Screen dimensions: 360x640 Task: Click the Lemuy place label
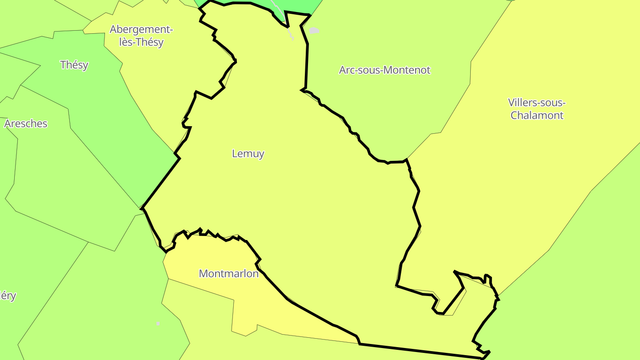[x=248, y=154]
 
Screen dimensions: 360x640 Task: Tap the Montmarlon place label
[x=228, y=274]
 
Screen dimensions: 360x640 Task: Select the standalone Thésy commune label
[x=74, y=65]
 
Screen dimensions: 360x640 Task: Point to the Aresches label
[x=26, y=124]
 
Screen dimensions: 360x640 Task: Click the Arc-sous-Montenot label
[x=384, y=70]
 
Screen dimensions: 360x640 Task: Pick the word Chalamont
[x=537, y=116]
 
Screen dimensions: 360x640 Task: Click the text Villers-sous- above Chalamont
[x=537, y=103]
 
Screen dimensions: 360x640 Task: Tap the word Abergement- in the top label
[x=141, y=30]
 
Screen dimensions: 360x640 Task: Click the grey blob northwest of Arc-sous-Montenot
[x=314, y=31]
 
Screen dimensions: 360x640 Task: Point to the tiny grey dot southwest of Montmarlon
[x=158, y=323]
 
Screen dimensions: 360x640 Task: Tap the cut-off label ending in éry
[x=8, y=296]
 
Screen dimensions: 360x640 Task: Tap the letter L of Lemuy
[x=235, y=154]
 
